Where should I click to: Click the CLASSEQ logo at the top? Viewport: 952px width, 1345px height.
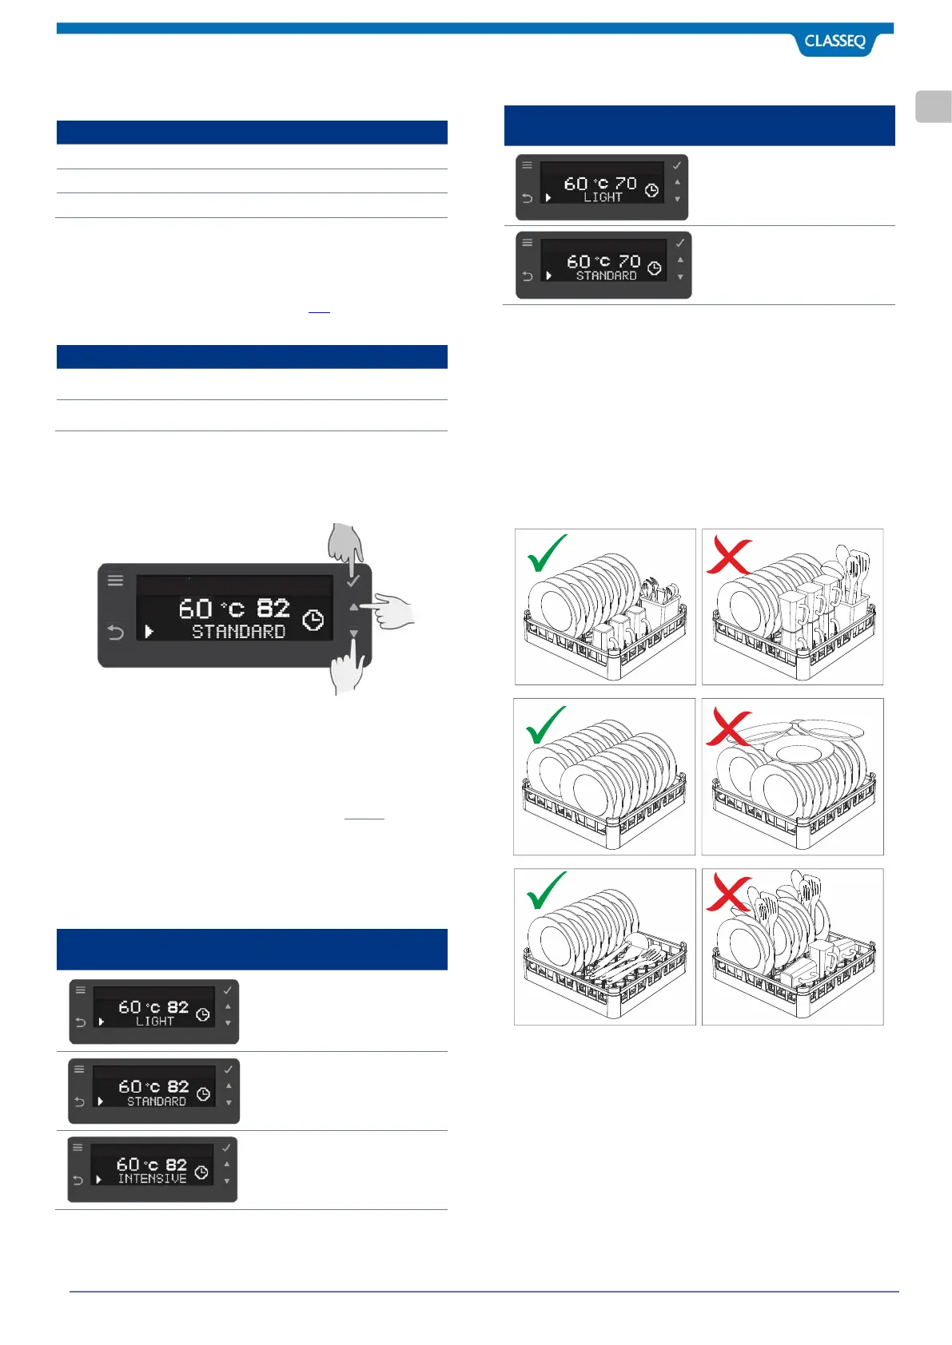pyautogui.click(x=834, y=42)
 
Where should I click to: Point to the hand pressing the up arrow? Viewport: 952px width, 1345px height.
pyautogui.click(x=393, y=611)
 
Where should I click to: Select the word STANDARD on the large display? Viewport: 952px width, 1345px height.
pyautogui.click(x=238, y=632)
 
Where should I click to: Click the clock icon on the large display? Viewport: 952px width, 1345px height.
pyautogui.click(x=313, y=620)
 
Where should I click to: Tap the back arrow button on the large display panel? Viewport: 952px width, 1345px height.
pyautogui.click(x=116, y=633)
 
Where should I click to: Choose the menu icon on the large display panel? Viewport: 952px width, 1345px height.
pyautogui.click(x=116, y=581)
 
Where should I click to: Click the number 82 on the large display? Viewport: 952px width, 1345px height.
pyautogui.click(x=273, y=609)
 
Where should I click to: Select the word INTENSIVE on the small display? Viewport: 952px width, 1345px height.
pyautogui.click(x=152, y=1179)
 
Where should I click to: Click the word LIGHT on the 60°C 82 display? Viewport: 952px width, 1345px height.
pyautogui.click(x=154, y=1022)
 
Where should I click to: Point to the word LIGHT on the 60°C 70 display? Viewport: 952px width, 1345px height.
pyautogui.click(x=603, y=197)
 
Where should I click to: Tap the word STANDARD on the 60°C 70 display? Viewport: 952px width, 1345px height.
pyautogui.click(x=607, y=276)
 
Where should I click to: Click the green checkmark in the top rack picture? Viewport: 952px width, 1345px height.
pyautogui.click(x=548, y=553)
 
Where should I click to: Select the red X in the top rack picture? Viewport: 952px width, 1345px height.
pyautogui.click(x=728, y=557)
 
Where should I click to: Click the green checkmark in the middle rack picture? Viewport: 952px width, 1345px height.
pyautogui.click(x=547, y=724)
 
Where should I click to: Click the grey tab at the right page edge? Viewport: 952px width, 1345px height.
pyautogui.click(x=933, y=107)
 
